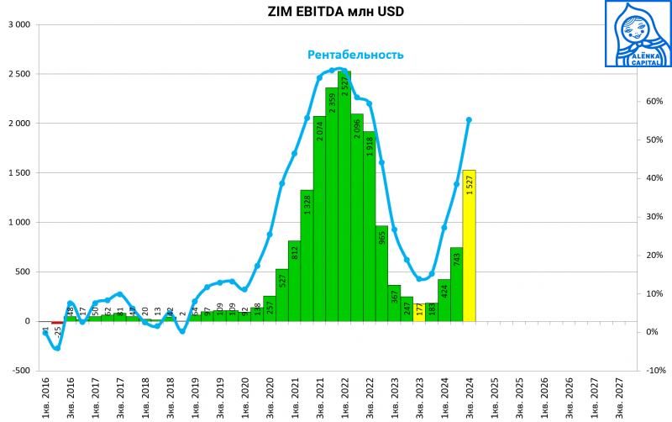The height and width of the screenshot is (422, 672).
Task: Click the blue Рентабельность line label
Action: pyautogui.click(x=355, y=55)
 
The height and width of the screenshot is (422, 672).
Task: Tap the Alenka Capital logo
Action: pyautogui.click(x=638, y=34)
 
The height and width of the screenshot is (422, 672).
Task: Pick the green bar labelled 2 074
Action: pyautogui.click(x=319, y=219)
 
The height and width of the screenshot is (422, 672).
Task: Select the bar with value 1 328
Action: pyautogui.click(x=307, y=256)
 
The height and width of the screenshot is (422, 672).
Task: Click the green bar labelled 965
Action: pyautogui.click(x=382, y=273)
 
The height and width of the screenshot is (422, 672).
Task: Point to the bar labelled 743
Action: pyautogui.click(x=456, y=284)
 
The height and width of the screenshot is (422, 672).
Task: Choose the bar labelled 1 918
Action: pyautogui.click(x=370, y=226)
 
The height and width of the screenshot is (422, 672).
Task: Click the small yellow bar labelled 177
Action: pyautogui.click(x=419, y=313)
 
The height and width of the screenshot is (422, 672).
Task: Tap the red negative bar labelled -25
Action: pyautogui.click(x=56, y=323)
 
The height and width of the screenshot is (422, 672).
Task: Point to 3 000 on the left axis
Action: pyautogui.click(x=18, y=24)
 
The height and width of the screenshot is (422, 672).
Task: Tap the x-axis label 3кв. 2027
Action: pyautogui.click(x=620, y=397)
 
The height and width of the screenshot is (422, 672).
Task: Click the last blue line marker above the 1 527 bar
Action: pyautogui.click(x=469, y=119)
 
